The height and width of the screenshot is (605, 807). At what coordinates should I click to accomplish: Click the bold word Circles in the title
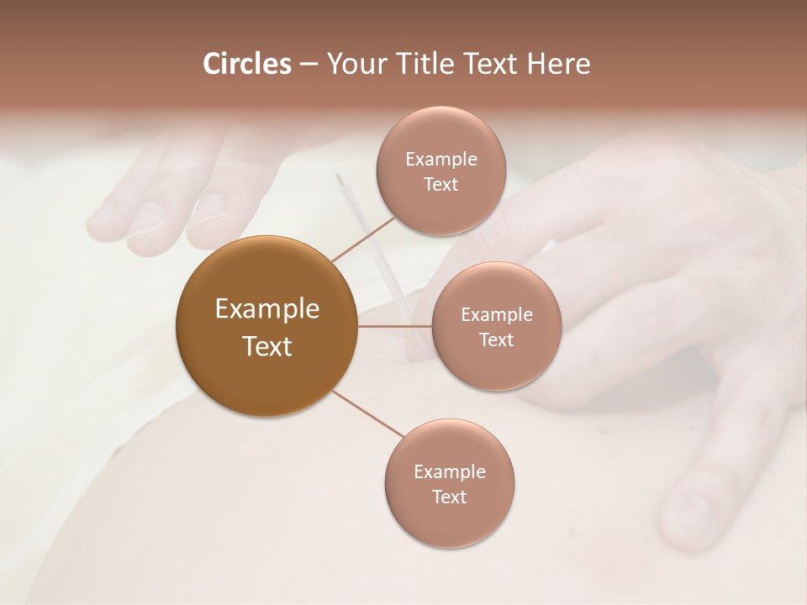click(247, 64)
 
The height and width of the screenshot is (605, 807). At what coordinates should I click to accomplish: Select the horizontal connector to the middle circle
click(395, 326)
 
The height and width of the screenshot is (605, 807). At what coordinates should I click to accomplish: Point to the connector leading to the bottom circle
click(367, 413)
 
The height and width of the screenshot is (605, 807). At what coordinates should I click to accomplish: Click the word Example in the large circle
click(266, 309)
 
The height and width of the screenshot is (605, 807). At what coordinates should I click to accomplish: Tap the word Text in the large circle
click(266, 346)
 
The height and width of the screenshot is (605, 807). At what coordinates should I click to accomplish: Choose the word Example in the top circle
click(440, 159)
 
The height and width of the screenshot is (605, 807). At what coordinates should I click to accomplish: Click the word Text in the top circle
click(440, 184)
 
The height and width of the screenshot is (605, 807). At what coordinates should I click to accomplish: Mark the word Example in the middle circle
click(496, 314)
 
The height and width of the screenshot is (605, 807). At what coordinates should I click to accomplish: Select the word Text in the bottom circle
click(449, 497)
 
